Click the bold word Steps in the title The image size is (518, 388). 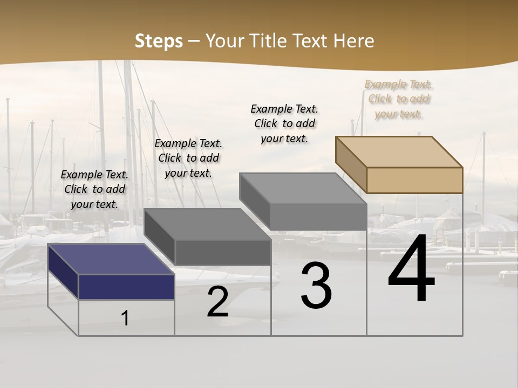point(159,41)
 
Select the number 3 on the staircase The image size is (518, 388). point(316,285)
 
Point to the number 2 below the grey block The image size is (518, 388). point(217,302)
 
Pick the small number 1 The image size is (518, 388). point(125,318)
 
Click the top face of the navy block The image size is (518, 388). point(111,259)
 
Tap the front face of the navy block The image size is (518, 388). point(126,287)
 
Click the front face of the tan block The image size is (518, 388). point(414,180)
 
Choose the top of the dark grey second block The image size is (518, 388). point(207,224)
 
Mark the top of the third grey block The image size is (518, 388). point(303,188)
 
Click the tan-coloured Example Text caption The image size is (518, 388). point(399,99)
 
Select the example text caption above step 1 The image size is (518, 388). point(94,189)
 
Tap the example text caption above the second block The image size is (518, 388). point(188,158)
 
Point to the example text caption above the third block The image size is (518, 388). point(284,123)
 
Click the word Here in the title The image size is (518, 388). point(354,41)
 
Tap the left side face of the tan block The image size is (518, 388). point(351,164)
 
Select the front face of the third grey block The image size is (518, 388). point(318,217)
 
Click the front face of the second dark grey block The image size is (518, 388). point(223,252)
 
